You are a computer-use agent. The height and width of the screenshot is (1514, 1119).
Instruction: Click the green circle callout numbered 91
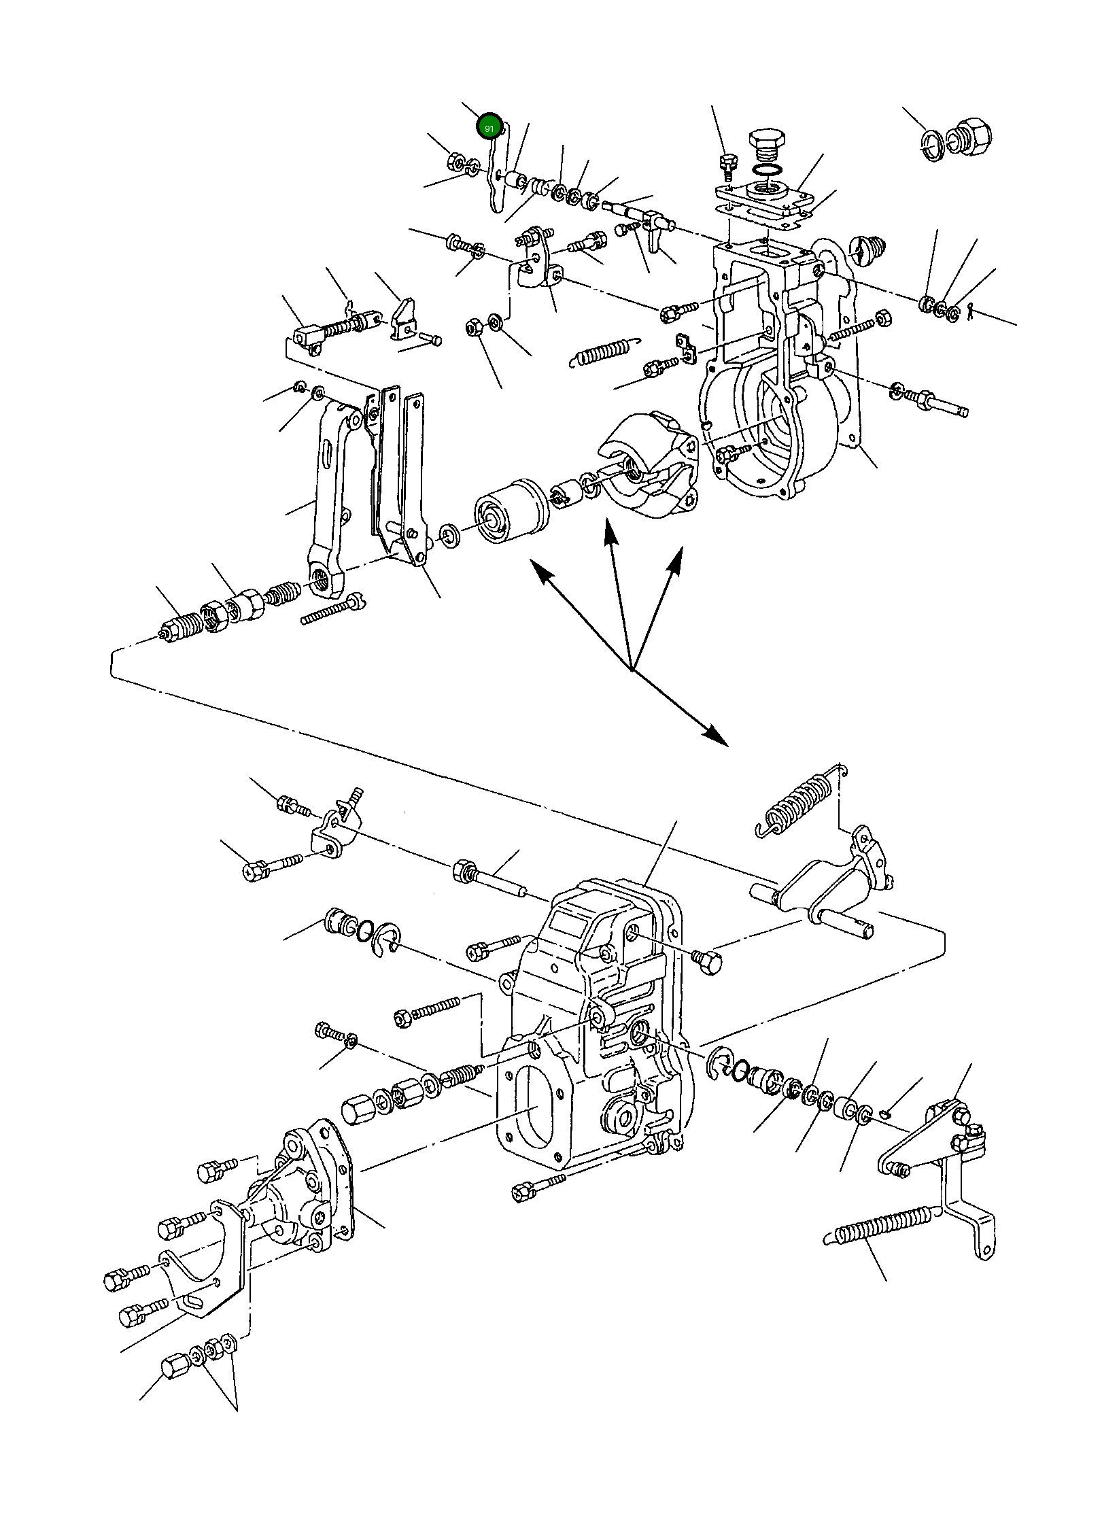pyautogui.click(x=489, y=127)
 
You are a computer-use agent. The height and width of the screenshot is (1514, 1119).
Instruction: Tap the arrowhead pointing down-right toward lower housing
pyautogui.click(x=714, y=734)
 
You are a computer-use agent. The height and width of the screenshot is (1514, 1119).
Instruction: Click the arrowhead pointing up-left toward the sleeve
pyautogui.click(x=540, y=570)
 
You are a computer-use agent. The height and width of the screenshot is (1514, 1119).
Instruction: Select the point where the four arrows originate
pyautogui.click(x=632, y=670)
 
